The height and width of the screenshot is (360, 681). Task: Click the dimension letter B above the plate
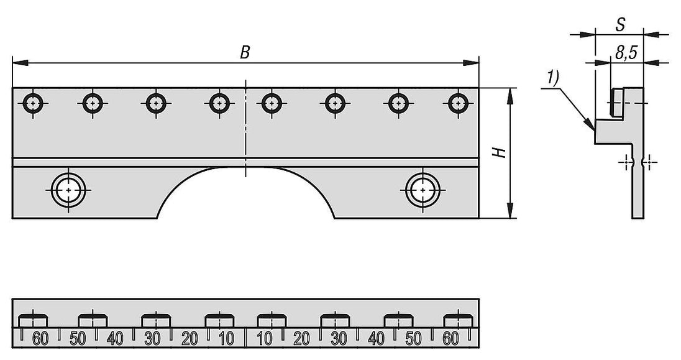[x=245, y=53]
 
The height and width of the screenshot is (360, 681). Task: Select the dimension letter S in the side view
[x=621, y=25]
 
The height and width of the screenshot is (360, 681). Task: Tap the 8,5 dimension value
[x=626, y=53]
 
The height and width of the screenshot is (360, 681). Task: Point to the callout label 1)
[x=552, y=78]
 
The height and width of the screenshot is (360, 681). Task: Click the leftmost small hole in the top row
[x=33, y=103]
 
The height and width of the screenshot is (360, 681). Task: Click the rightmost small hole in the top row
[x=458, y=103]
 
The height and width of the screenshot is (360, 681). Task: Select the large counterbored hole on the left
[x=68, y=190]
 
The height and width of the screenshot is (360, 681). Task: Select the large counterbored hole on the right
[x=423, y=190]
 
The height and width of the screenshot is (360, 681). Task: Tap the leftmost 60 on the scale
[x=40, y=339]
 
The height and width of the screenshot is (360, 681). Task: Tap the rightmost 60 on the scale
[x=451, y=339]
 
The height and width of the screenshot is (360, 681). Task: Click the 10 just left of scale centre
[x=227, y=339]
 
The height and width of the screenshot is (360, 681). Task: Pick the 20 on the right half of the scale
[x=302, y=339]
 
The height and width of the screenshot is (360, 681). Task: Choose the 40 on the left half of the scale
[x=115, y=339]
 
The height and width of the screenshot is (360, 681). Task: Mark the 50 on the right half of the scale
[x=413, y=339]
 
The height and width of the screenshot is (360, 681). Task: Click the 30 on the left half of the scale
[x=152, y=339]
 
